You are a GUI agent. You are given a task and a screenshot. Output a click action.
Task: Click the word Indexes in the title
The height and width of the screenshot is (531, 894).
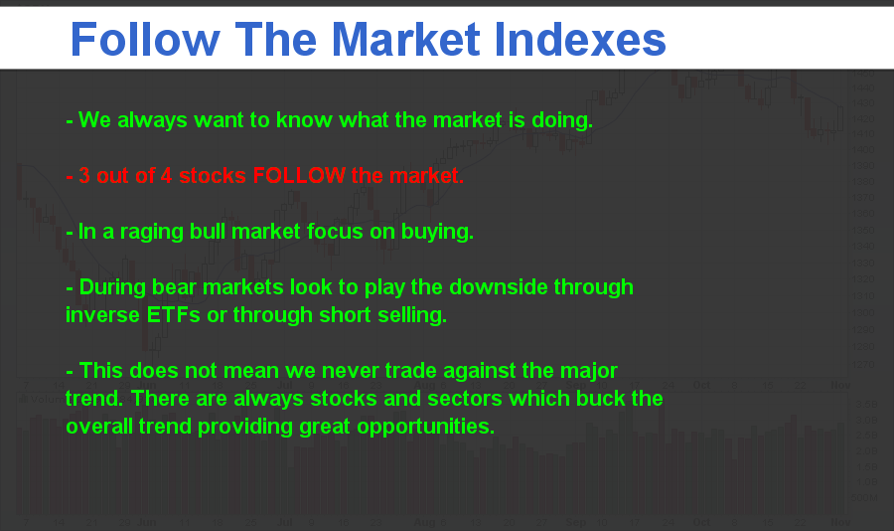tap(580, 40)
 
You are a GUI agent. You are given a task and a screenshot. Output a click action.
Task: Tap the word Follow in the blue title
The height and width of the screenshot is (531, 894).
tap(145, 40)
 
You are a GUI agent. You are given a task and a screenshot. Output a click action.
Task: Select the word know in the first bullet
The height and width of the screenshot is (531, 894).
tap(304, 120)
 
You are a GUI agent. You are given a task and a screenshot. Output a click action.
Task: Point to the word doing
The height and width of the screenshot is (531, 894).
tap(562, 121)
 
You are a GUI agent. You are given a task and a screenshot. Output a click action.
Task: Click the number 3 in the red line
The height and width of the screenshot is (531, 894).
tap(84, 176)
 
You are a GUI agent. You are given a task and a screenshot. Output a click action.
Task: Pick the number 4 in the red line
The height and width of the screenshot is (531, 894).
tap(166, 176)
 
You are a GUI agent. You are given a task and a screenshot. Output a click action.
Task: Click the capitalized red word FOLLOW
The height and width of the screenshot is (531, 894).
tap(299, 175)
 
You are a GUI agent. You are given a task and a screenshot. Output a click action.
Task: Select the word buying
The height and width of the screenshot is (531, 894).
tap(437, 233)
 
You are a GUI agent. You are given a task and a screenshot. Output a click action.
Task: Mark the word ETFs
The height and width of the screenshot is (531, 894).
tap(173, 315)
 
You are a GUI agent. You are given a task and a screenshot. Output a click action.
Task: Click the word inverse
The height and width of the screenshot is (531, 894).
tap(102, 315)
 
